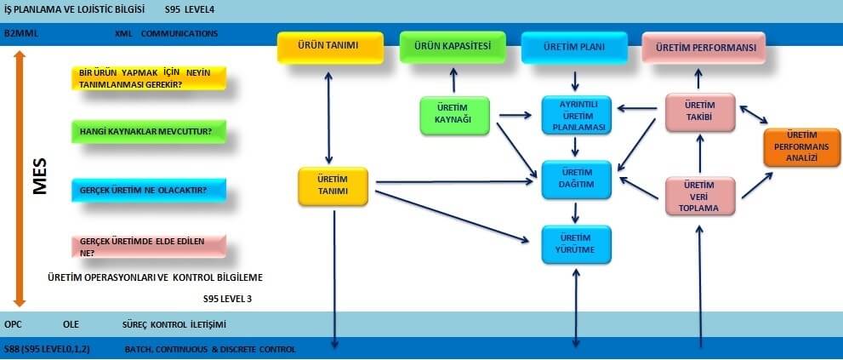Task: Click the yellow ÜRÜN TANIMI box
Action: [328, 49]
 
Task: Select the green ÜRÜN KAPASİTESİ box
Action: [452, 47]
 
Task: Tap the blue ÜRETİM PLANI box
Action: [575, 48]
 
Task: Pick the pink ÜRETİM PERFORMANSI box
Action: [703, 48]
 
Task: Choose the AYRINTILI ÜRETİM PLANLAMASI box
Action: [577, 116]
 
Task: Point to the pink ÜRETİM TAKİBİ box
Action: [699, 112]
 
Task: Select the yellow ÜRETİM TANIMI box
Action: [333, 186]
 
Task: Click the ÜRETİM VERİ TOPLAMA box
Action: [699, 197]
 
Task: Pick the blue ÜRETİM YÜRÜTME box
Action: [577, 243]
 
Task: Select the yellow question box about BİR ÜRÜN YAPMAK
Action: [148, 77]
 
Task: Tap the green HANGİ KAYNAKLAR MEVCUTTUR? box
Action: [148, 132]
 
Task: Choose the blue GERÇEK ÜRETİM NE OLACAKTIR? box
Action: [148, 190]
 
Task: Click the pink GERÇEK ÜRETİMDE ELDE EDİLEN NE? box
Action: [148, 247]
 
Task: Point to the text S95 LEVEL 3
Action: [227, 299]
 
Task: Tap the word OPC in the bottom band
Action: [13, 324]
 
